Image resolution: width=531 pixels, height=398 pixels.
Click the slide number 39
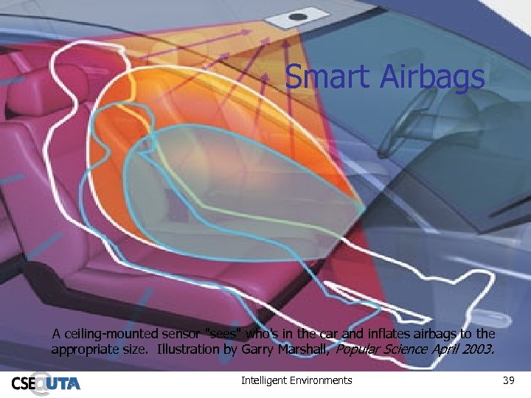(x=507, y=380)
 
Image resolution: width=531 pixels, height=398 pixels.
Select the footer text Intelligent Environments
(x=296, y=380)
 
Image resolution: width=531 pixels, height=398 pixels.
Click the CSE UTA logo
(x=46, y=383)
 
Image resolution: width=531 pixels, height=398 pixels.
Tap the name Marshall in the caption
(x=304, y=349)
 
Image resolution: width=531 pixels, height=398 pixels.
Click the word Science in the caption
(x=408, y=349)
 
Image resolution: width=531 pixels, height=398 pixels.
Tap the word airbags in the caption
(x=443, y=334)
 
